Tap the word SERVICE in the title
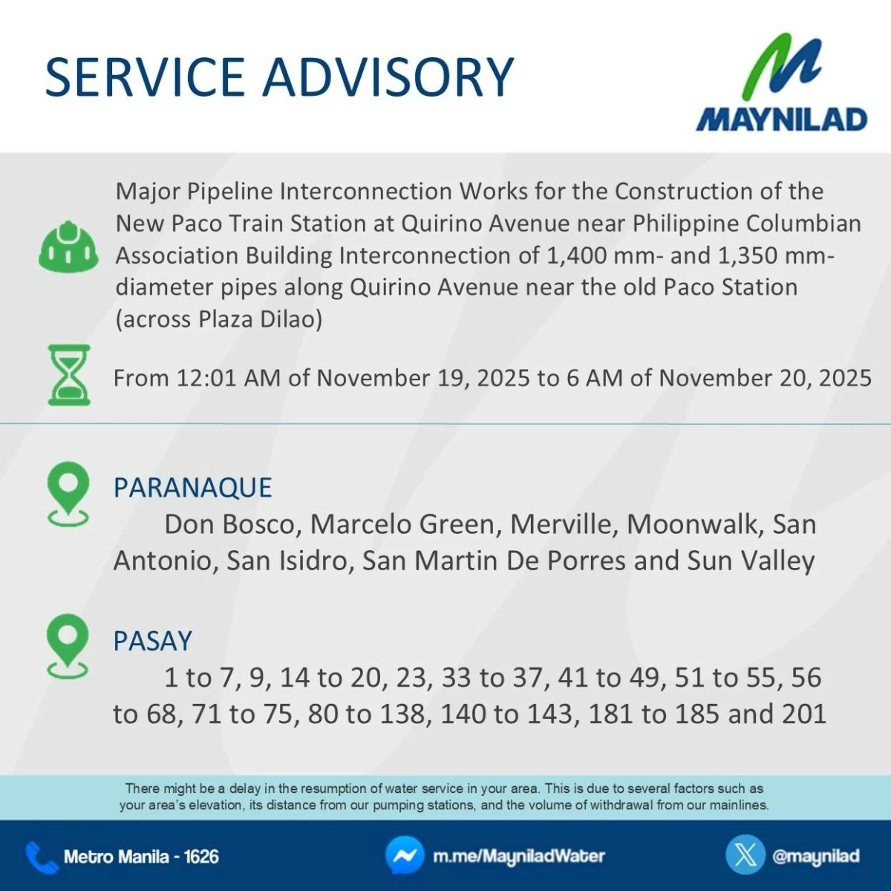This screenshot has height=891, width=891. [x=145, y=76]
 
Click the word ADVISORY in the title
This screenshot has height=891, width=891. [x=388, y=76]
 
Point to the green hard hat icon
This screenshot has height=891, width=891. [x=68, y=246]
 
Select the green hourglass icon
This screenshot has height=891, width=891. [x=69, y=374]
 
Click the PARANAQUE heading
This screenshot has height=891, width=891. [x=193, y=487]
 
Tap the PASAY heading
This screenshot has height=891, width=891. [x=153, y=641]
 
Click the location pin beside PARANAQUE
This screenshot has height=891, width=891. [x=68, y=494]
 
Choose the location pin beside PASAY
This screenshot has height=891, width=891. [x=68, y=647]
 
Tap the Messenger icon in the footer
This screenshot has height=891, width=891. [x=405, y=855]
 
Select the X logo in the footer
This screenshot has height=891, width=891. [x=745, y=855]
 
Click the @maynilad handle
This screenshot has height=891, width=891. [x=816, y=856]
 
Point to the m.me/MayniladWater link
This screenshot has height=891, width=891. [x=519, y=856]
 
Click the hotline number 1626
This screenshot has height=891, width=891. [x=202, y=857]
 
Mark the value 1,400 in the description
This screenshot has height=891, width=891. [x=576, y=255]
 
